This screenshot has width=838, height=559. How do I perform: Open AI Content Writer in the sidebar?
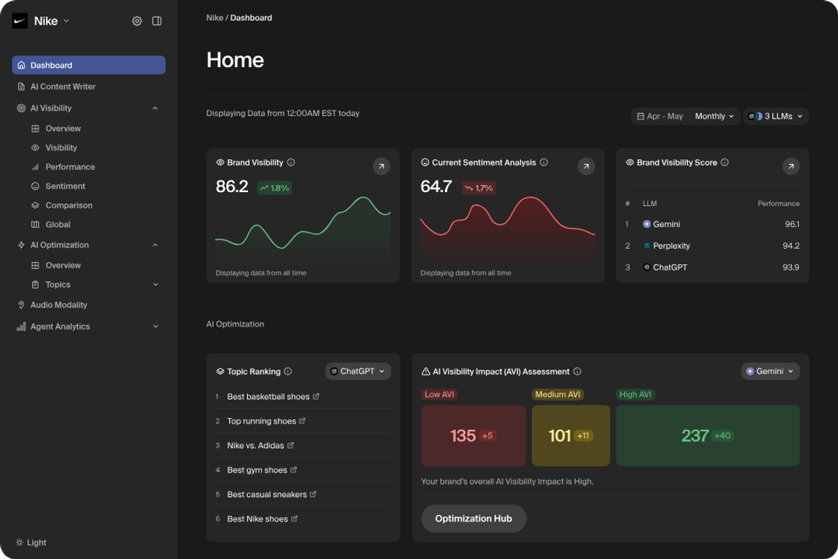[x=63, y=87]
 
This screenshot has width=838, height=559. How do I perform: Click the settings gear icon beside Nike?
[x=137, y=21]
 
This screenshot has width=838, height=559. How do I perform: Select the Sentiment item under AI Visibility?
[x=65, y=187]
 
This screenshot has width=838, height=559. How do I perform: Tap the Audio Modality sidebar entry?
[x=59, y=305]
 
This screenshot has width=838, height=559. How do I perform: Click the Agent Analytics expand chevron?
[x=155, y=326]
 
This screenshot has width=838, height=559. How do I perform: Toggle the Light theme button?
[x=31, y=543]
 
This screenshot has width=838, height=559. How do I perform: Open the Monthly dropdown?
[x=714, y=117]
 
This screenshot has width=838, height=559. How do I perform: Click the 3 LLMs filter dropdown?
[x=776, y=117]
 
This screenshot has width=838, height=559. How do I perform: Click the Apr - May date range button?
[x=659, y=117]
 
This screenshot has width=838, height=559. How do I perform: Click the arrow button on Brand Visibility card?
[x=381, y=166]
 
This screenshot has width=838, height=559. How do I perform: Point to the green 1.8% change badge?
[x=274, y=188]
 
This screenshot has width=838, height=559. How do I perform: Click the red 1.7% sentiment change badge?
[x=479, y=188]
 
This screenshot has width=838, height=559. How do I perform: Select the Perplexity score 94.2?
[x=791, y=246]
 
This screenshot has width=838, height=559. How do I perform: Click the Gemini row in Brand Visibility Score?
[x=666, y=224]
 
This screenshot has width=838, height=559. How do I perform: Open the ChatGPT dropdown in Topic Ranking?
[x=358, y=372]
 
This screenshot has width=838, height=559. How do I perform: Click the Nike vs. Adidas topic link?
[x=256, y=446]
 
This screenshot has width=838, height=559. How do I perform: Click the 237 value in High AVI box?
[x=695, y=436]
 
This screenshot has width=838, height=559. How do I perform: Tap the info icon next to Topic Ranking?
[x=288, y=372]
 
